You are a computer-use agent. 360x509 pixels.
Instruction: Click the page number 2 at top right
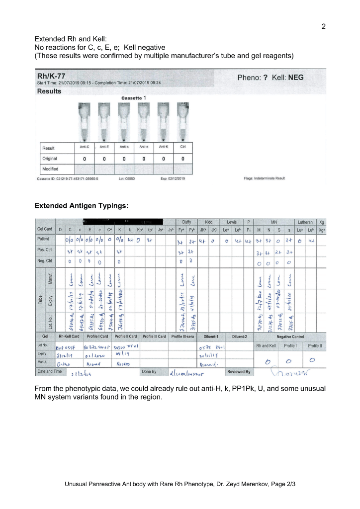pyautogui.click(x=323, y=26)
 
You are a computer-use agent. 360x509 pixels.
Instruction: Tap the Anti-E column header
pyautogui.click(x=104, y=147)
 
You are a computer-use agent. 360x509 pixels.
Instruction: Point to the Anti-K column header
pyautogui.click(x=164, y=147)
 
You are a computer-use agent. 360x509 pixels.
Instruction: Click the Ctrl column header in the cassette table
pyautogui.click(x=183, y=147)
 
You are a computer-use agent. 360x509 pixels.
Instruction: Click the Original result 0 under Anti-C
pyautogui.click(x=84, y=159)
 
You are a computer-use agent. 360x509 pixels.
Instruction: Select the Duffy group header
pyautogui.click(x=187, y=222)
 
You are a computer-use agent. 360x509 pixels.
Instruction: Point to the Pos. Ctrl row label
pyautogui.click(x=45, y=251)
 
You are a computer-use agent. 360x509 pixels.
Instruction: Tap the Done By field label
pyautogui.click(x=149, y=371)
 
